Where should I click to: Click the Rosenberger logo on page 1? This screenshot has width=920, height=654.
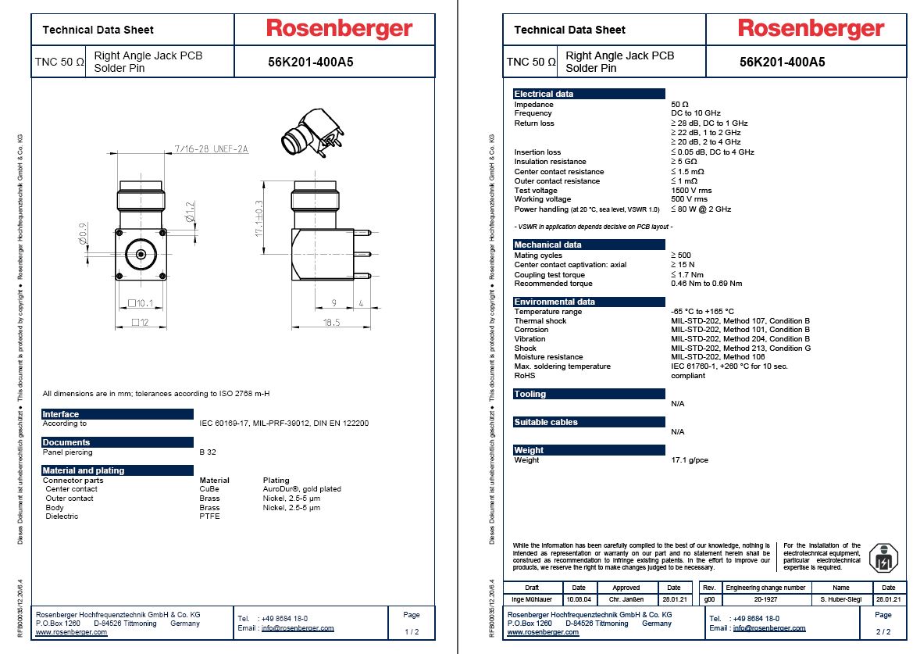pos(339,30)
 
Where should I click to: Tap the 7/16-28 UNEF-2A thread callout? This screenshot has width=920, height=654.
pos(211,148)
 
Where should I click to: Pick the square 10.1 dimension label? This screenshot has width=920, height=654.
pos(141,303)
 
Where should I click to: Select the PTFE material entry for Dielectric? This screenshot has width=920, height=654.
pos(209,516)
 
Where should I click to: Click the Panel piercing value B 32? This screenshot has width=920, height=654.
pos(207,452)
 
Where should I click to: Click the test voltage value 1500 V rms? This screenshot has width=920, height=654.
pos(691,191)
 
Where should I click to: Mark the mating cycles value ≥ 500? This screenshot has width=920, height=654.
pos(680,256)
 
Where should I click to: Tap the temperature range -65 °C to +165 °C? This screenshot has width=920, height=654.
pos(702,312)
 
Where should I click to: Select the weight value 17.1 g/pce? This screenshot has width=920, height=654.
pos(690,460)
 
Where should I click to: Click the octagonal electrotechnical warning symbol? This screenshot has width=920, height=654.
pos(883,558)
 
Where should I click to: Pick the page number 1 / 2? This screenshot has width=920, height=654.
pos(412,631)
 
